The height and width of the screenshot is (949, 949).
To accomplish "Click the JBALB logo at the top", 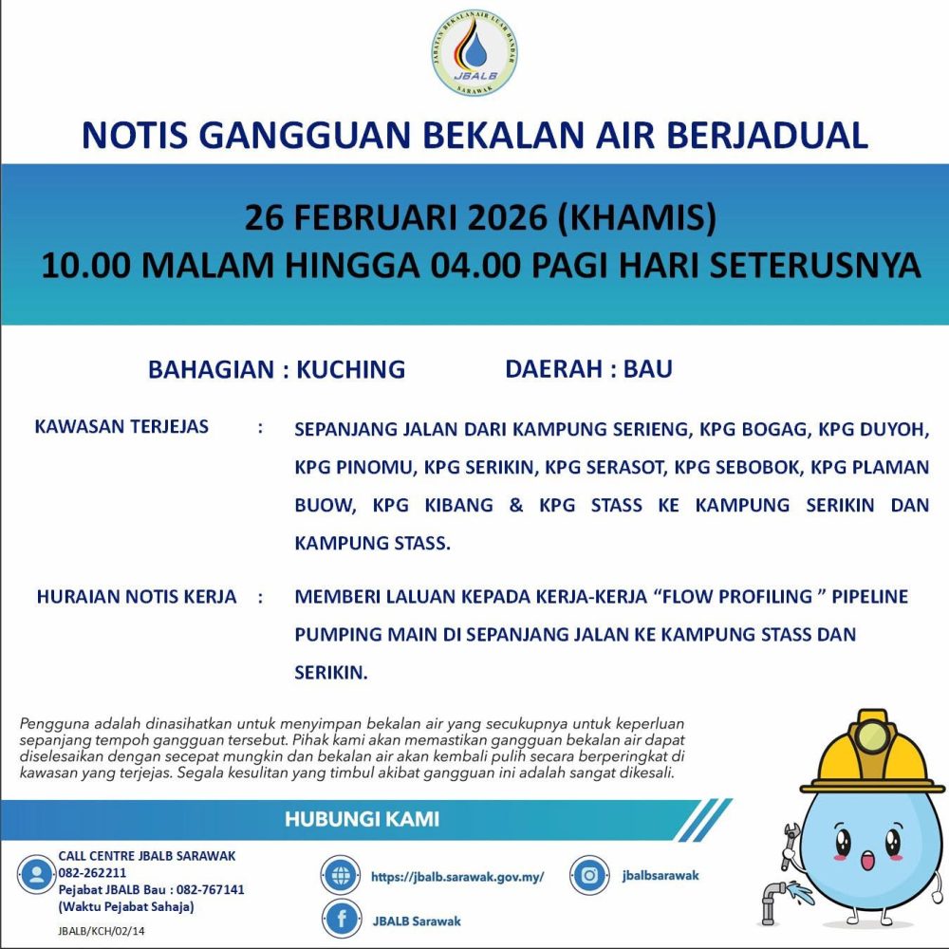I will (474, 54).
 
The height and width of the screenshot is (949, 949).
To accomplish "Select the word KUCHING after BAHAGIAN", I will (350, 369).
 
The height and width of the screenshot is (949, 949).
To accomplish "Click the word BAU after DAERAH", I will (647, 368).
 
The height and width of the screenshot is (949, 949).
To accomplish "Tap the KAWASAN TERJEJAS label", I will (121, 426).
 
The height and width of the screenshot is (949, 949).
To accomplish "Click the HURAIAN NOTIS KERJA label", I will (136, 597).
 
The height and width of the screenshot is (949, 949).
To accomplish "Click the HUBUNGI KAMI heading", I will (362, 819).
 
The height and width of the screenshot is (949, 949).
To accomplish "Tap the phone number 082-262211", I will (92, 872).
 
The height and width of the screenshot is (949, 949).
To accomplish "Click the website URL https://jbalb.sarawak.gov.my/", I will (457, 877).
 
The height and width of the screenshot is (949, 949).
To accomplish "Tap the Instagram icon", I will (589, 875).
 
